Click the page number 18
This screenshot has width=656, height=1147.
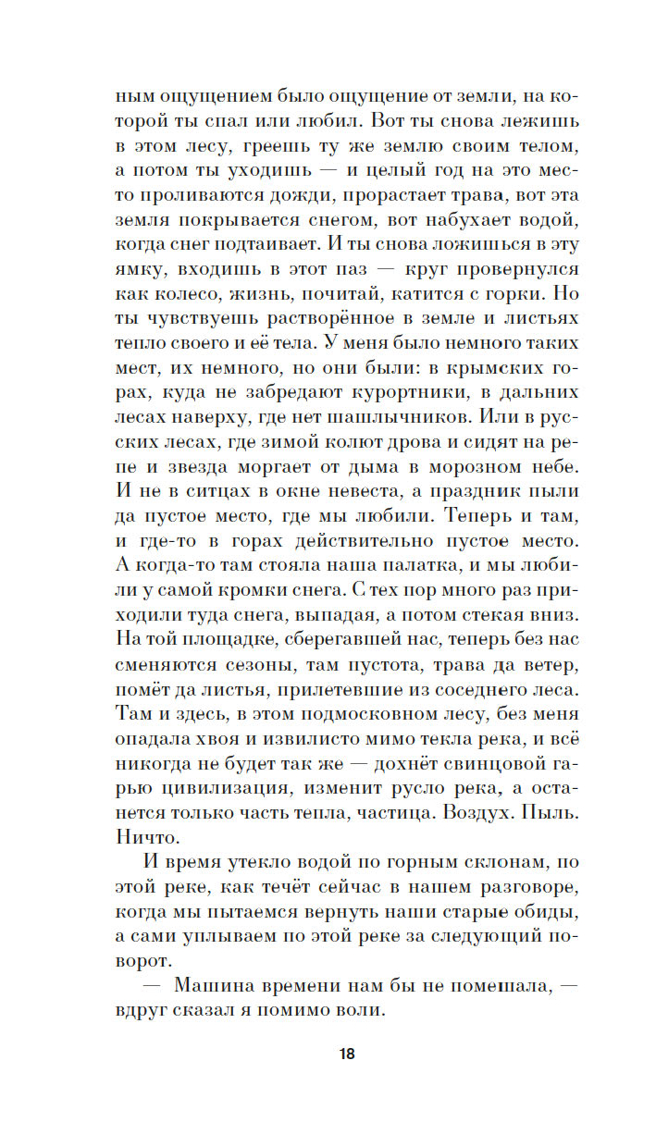[346, 1054]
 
